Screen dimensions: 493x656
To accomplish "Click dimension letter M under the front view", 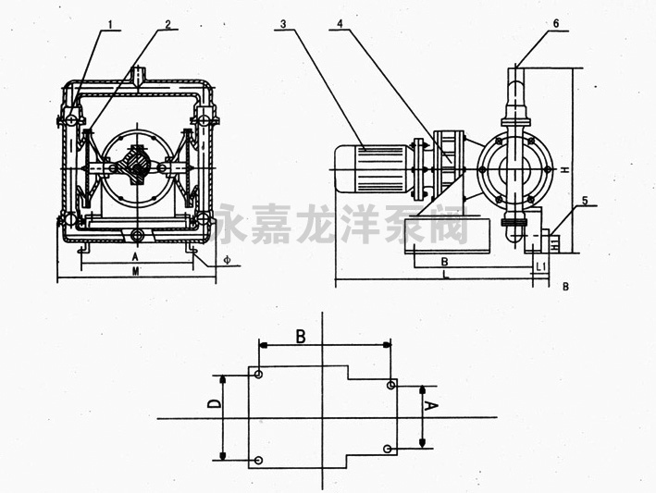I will [135, 271].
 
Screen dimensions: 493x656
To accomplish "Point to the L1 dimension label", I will [541, 266].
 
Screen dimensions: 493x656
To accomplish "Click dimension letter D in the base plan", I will [212, 404].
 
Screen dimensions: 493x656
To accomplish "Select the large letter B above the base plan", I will [300, 336].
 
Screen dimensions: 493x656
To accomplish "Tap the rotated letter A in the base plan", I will [430, 405].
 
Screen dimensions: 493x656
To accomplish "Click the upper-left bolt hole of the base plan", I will [259, 376].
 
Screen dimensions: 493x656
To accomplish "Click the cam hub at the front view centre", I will [138, 167].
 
